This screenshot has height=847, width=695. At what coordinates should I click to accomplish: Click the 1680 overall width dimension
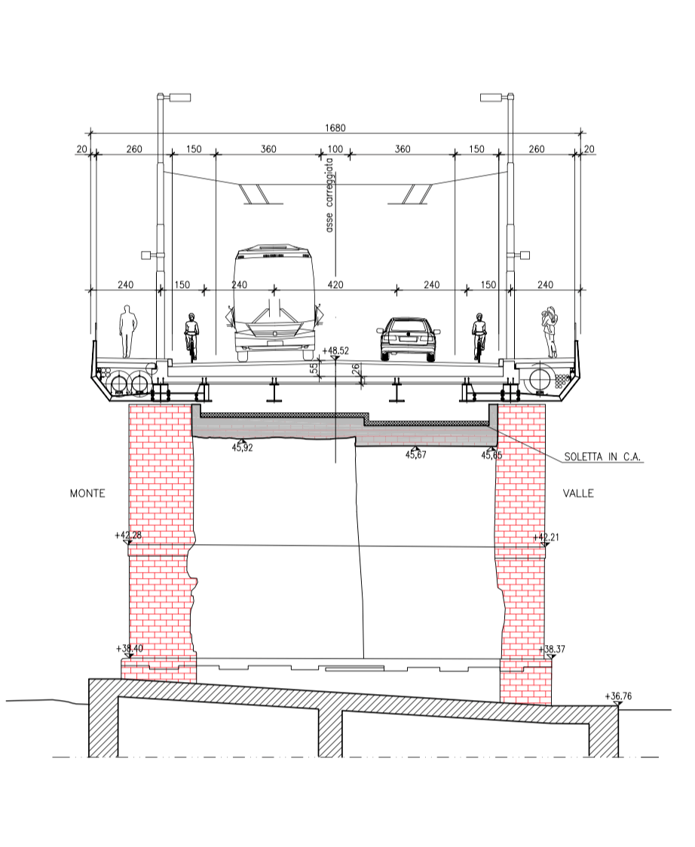point(335,128)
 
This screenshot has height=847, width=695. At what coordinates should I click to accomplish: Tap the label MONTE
point(87,493)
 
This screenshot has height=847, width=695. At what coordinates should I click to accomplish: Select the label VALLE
point(578,493)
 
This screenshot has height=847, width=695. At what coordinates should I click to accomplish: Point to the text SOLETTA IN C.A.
point(602,457)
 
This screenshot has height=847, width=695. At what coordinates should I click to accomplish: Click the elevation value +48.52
point(335,350)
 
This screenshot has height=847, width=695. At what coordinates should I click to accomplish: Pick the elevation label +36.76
point(618,696)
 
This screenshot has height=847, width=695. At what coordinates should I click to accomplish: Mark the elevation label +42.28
point(128,535)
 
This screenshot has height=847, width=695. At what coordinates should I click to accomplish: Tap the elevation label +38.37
point(552,649)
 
